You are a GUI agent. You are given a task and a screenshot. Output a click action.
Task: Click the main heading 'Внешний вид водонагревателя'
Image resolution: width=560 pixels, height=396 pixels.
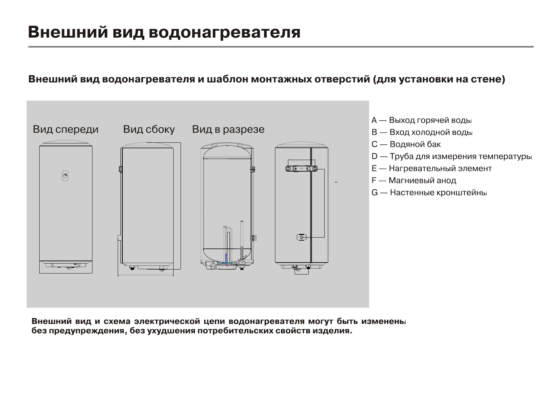click(164, 33)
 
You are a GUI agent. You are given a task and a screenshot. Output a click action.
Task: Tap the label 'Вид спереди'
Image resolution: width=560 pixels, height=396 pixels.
click(66, 129)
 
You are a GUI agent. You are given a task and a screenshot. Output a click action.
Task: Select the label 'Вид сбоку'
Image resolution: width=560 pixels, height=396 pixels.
click(149, 129)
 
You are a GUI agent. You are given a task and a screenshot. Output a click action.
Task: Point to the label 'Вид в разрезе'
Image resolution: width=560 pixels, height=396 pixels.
click(228, 129)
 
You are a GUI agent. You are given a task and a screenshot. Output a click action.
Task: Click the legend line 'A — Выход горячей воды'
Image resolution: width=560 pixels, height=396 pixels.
click(421, 120)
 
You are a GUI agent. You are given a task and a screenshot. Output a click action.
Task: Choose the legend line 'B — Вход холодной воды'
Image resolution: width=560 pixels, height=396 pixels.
click(422, 132)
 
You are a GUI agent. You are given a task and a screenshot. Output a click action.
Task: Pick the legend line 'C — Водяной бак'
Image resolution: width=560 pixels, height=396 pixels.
click(406, 144)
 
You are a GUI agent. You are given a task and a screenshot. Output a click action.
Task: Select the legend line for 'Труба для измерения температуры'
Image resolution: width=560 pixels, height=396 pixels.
click(451, 156)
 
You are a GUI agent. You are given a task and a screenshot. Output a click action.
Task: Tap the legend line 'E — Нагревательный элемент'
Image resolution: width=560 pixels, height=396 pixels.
click(431, 168)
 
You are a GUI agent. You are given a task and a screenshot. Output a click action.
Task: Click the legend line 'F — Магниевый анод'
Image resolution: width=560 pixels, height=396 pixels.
click(414, 181)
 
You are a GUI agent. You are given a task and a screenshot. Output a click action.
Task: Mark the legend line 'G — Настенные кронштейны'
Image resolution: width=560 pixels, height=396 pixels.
click(429, 193)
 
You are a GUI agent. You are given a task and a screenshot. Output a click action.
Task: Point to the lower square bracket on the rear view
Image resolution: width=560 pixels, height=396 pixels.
click(301, 237)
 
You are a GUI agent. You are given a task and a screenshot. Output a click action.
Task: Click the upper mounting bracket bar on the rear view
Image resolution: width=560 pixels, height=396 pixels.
click(301, 169)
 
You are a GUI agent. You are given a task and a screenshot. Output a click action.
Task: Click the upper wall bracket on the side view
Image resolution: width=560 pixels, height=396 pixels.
click(120, 169)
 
